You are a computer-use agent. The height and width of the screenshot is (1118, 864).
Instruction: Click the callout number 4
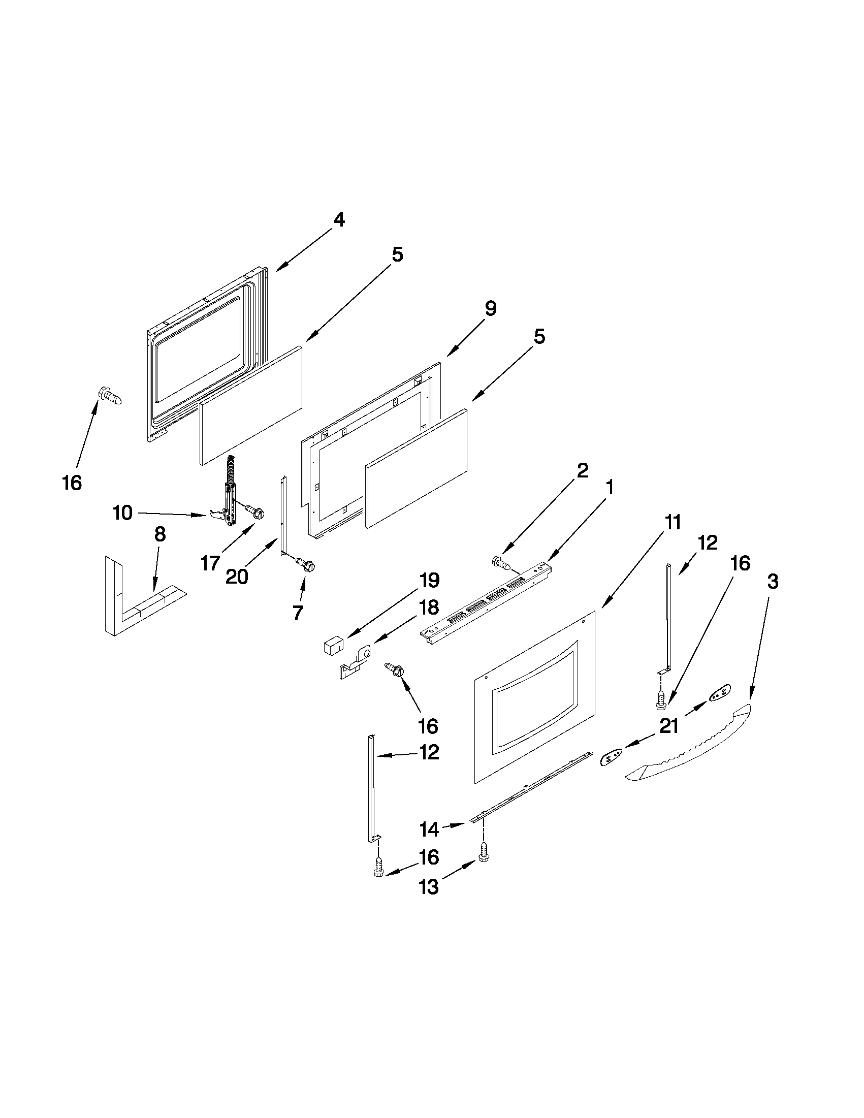[339, 220]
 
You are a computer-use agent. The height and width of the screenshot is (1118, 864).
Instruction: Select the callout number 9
[490, 309]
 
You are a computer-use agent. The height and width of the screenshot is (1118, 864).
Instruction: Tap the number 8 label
[159, 534]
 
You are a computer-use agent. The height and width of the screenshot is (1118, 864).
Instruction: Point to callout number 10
[123, 513]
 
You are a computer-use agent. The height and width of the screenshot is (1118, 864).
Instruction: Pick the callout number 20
[237, 577]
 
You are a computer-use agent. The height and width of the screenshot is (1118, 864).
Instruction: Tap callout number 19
[429, 581]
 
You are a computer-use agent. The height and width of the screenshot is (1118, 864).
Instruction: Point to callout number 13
[429, 887]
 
